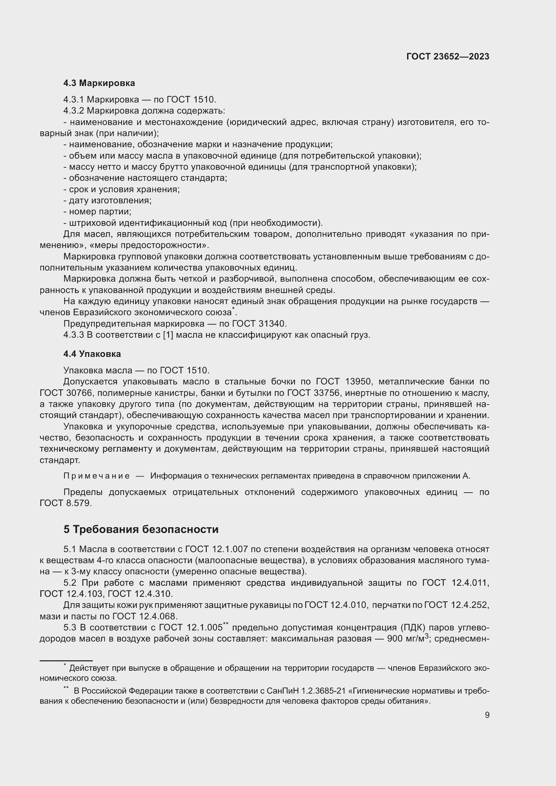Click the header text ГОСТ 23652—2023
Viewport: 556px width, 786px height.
(x=447, y=57)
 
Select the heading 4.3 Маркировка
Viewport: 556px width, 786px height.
(x=99, y=83)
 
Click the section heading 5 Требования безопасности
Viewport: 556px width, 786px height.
(x=141, y=529)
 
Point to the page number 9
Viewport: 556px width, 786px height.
(x=487, y=715)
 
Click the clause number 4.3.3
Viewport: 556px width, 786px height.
(x=74, y=335)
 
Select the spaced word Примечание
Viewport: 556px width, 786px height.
(x=96, y=476)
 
